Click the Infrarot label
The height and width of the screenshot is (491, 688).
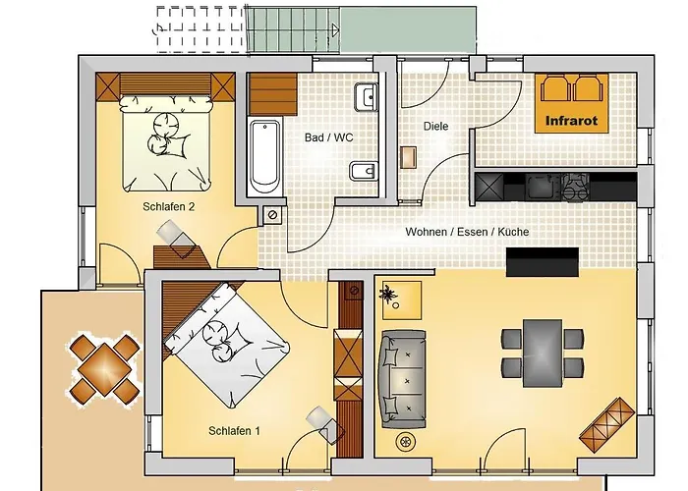[x=571, y=121]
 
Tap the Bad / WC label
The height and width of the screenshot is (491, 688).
[x=328, y=137]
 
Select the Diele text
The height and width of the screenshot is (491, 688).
[x=435, y=127]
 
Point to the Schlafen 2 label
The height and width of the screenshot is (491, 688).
[x=168, y=206]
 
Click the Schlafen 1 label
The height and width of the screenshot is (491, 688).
[x=234, y=431]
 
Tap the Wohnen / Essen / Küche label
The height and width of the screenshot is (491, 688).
[x=467, y=232]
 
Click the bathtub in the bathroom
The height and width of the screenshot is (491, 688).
[x=264, y=157]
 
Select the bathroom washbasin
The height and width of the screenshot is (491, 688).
[x=366, y=97]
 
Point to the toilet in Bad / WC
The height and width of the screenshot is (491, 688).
[x=364, y=171]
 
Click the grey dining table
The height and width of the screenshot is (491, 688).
[x=543, y=354]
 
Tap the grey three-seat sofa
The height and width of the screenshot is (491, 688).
[x=403, y=380]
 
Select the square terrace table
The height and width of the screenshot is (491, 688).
[x=105, y=368]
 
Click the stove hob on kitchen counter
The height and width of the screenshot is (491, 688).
[x=576, y=188]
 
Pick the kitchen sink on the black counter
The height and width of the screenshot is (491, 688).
[x=541, y=188]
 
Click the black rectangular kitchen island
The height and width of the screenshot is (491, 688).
[x=543, y=262]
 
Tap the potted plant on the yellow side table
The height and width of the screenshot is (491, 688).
[x=388, y=295]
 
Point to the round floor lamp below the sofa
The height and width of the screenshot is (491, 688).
[x=405, y=442]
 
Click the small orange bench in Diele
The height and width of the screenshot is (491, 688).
[x=408, y=157]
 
